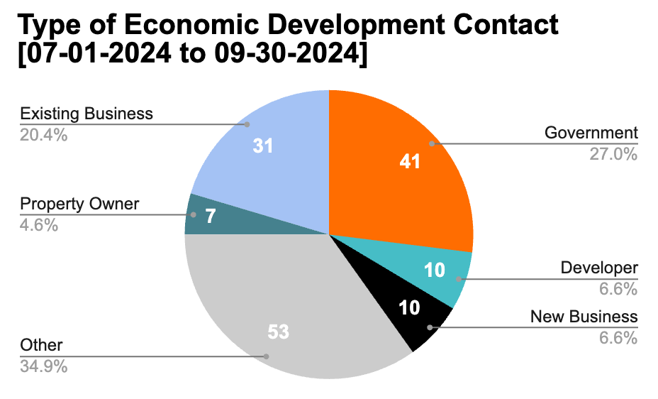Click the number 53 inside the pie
[279, 332]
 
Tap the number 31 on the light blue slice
[263, 146]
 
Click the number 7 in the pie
[210, 216]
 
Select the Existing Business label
[87, 114]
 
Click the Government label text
[591, 133]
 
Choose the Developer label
[599, 268]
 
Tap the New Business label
[584, 317]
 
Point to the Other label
[42, 346]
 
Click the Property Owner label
[79, 204]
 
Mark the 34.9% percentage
[44, 367]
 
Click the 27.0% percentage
[613, 153]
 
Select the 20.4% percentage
[44, 134]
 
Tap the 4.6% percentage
[39, 225]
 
